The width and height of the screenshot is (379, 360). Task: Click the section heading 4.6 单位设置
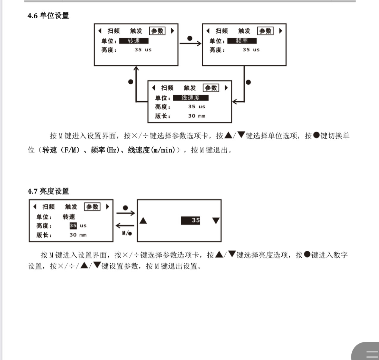coord(48,15)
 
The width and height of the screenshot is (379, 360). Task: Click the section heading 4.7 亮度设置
coord(48,191)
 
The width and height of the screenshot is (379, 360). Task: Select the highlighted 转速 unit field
coord(134,41)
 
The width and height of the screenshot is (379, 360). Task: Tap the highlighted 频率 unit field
coord(242,41)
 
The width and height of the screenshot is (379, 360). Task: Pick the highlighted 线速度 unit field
coord(191,98)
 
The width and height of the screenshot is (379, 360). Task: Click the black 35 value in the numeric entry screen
coord(190,220)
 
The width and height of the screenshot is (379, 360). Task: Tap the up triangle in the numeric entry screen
coord(143,220)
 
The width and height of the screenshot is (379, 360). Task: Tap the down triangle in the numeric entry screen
coord(216,221)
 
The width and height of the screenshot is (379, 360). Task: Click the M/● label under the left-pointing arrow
coord(127,233)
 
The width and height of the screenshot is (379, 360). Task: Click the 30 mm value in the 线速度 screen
coord(197,116)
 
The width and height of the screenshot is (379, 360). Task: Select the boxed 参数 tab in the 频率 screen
coord(265,31)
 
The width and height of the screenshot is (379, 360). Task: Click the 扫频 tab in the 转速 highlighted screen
coord(114,31)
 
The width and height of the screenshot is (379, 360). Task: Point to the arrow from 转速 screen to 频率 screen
coord(190,43)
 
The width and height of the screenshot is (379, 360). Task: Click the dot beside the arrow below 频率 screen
coord(248,82)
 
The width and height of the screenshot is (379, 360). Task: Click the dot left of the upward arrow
coord(131,82)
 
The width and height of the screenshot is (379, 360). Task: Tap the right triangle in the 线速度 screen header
coord(226,88)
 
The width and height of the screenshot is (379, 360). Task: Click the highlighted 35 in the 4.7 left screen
coord(73,226)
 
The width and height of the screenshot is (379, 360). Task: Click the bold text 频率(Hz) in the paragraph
coord(105,150)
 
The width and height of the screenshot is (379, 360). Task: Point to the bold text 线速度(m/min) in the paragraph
coord(151,150)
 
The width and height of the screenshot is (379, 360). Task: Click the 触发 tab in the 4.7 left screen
coord(71,207)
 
